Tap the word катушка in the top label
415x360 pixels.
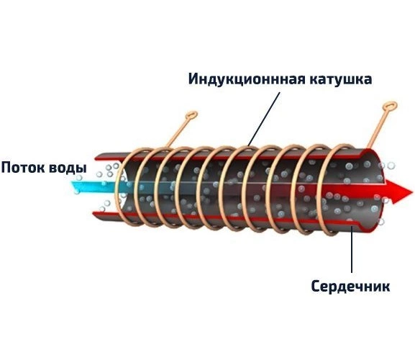[x=341, y=79]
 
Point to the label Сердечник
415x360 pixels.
[x=350, y=287]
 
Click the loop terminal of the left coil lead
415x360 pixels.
[x=191, y=116]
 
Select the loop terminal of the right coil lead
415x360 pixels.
[x=390, y=107]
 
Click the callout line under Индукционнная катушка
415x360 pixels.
[x=264, y=120]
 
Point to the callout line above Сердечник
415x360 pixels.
[x=352, y=249]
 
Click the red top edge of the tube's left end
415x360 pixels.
[x=109, y=158]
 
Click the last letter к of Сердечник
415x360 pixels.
[x=386, y=287]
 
